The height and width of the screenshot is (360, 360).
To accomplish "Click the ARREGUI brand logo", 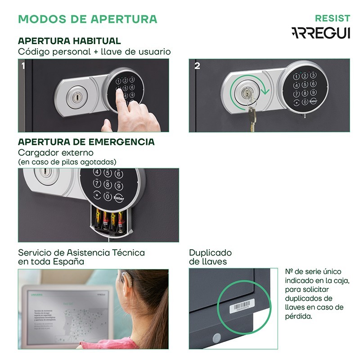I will click(320, 33).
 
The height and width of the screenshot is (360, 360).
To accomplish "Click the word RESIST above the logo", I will click(333, 18).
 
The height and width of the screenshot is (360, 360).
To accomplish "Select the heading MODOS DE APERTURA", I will click(88, 19).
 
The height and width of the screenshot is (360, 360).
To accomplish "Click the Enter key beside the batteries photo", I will click(119, 198).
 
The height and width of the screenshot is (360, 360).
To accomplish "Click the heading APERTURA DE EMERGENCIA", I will click(86, 142).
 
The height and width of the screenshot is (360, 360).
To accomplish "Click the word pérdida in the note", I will click(299, 316).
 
